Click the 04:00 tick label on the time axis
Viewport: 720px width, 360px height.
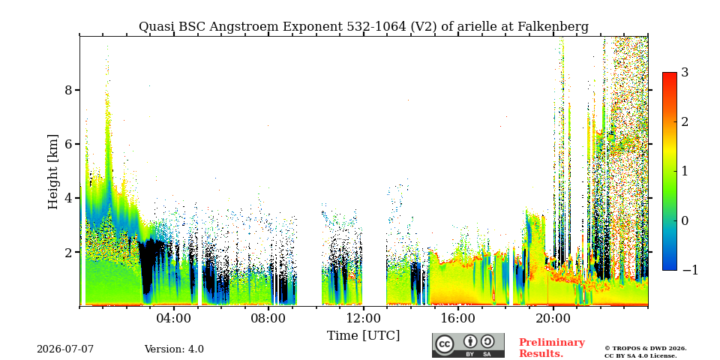click(x=174, y=319)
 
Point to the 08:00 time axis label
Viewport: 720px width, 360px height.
click(x=268, y=319)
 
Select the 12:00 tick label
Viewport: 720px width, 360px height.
click(x=363, y=319)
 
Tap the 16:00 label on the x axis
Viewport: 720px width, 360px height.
click(x=457, y=319)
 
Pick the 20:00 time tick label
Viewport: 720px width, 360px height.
click(x=553, y=319)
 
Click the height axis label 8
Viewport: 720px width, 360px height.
click(x=69, y=90)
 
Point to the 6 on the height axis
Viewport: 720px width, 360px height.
click(x=69, y=144)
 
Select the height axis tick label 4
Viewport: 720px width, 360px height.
click(x=69, y=198)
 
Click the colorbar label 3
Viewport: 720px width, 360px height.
click(x=685, y=73)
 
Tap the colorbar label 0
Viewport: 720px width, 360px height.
click(x=685, y=220)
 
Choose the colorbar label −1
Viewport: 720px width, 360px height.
click(x=690, y=271)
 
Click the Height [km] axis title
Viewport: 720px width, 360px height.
click(x=53, y=172)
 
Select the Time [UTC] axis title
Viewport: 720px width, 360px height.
click(x=363, y=336)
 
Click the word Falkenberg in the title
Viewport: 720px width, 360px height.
click(x=553, y=27)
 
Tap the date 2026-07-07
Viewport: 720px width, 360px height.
click(x=65, y=349)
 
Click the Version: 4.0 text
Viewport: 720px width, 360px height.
click(x=174, y=349)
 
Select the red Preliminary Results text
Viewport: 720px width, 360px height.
click(x=552, y=348)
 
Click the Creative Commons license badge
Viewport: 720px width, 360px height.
click(x=468, y=345)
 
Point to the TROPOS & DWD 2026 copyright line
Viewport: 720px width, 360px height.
click(x=646, y=349)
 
